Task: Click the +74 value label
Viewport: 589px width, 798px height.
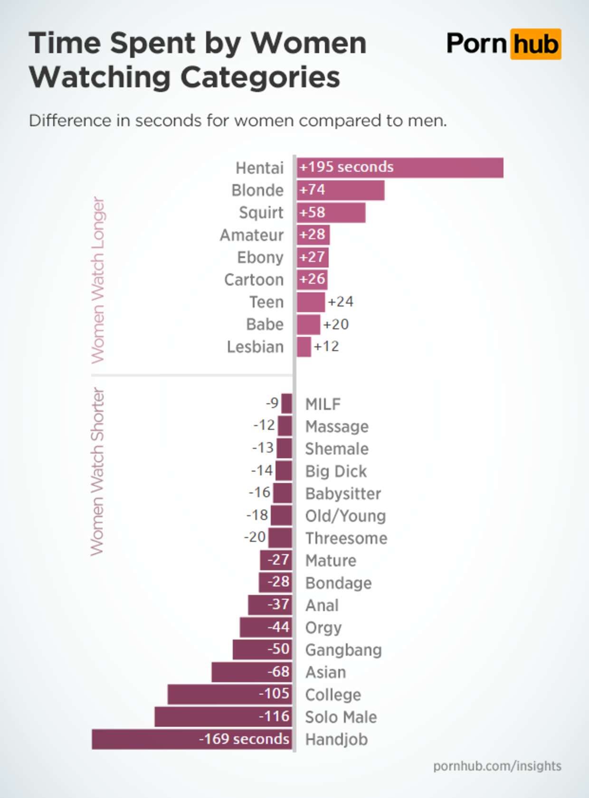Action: [312, 190]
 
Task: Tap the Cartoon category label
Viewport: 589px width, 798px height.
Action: [254, 280]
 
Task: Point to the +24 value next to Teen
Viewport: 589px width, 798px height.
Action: [341, 302]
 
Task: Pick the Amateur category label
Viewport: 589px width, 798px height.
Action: [251, 235]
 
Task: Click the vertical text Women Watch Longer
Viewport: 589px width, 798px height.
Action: [97, 280]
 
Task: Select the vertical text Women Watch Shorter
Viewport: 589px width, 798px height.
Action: [97, 472]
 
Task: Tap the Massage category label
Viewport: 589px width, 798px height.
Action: [337, 427]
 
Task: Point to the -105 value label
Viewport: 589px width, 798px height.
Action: [274, 694]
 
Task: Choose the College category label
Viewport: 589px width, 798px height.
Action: [333, 695]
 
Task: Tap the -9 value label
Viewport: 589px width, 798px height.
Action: [272, 403]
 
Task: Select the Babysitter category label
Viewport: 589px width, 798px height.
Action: [343, 493]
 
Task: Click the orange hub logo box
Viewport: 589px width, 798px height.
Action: [535, 44]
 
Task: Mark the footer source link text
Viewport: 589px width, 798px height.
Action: [497, 766]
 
